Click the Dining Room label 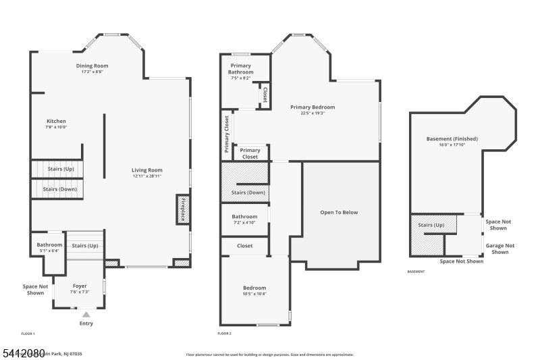[92, 66]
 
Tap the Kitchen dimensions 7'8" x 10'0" [56, 127]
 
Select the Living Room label [147, 170]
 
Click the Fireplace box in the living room [182, 209]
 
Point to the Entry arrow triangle [86, 314]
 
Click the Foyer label [80, 286]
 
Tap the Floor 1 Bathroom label [49, 245]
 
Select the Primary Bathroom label [240, 68]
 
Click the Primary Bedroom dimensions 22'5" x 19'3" [313, 113]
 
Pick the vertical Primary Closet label [227, 134]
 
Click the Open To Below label [339, 212]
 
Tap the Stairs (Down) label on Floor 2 [248, 192]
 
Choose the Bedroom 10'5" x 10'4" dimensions [254, 294]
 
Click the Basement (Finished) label [452, 138]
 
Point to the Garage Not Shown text [500, 249]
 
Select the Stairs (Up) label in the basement [431, 225]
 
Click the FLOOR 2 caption [224, 334]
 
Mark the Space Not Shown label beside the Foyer [34, 289]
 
